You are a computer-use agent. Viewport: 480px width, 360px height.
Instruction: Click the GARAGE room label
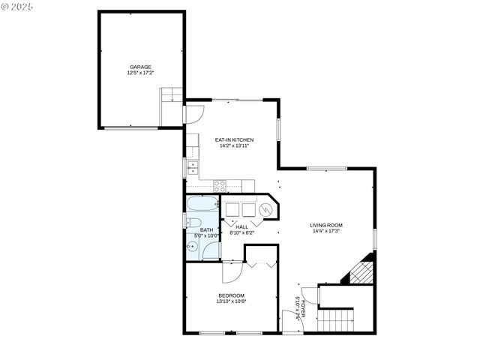coord(139,67)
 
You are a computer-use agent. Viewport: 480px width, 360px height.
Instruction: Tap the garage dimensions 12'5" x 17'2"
coord(139,73)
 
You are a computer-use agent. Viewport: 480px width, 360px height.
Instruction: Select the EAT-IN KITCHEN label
coord(234,139)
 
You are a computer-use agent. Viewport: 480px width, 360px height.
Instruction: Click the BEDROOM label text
coord(231,295)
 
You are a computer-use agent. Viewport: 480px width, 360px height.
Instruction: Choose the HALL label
coord(241,226)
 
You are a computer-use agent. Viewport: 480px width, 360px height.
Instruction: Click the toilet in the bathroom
coord(192,222)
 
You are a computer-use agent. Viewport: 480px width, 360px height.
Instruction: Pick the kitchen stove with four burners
coord(220,184)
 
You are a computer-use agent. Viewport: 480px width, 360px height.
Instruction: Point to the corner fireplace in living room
coord(361,271)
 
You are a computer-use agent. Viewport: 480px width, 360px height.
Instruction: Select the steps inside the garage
coord(171,96)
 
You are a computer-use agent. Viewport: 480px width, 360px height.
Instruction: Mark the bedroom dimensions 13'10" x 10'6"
coord(231,301)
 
